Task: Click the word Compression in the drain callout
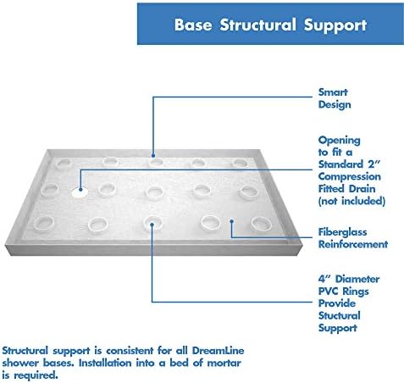click(x=352, y=177)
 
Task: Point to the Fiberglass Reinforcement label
click(x=352, y=237)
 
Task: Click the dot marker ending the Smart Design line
click(x=153, y=155)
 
